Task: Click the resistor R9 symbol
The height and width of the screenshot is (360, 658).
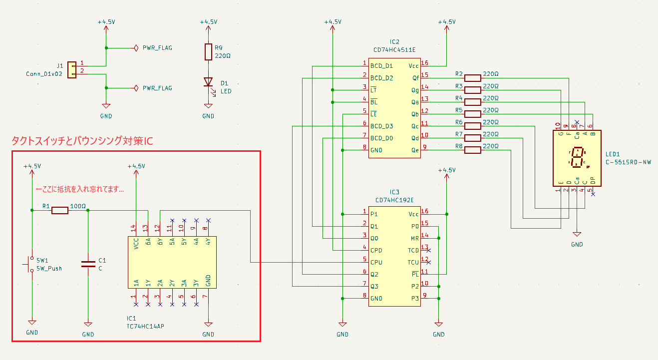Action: (208, 52)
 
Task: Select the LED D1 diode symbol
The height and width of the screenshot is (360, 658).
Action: (208, 82)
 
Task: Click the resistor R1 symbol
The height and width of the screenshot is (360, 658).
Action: (60, 210)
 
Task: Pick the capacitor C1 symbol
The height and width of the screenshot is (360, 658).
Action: (88, 264)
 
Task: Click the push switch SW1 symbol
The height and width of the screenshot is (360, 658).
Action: (31, 264)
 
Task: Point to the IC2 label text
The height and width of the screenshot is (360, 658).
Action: (394, 42)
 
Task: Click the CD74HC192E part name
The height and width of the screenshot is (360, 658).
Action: (394, 200)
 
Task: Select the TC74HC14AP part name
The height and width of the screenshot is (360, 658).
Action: (145, 326)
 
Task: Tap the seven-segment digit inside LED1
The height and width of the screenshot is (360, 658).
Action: (577, 157)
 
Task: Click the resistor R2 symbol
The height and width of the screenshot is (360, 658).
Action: (472, 78)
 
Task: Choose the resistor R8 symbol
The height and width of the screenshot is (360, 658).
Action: (472, 150)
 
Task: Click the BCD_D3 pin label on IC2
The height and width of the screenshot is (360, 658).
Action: (381, 126)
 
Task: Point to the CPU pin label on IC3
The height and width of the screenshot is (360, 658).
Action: (376, 262)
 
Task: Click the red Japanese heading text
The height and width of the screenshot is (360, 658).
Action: (82, 141)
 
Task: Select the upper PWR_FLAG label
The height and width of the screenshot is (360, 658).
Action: (157, 48)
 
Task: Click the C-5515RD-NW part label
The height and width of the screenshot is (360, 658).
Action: (628, 162)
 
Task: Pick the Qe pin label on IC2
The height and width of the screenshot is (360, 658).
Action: (415, 150)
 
